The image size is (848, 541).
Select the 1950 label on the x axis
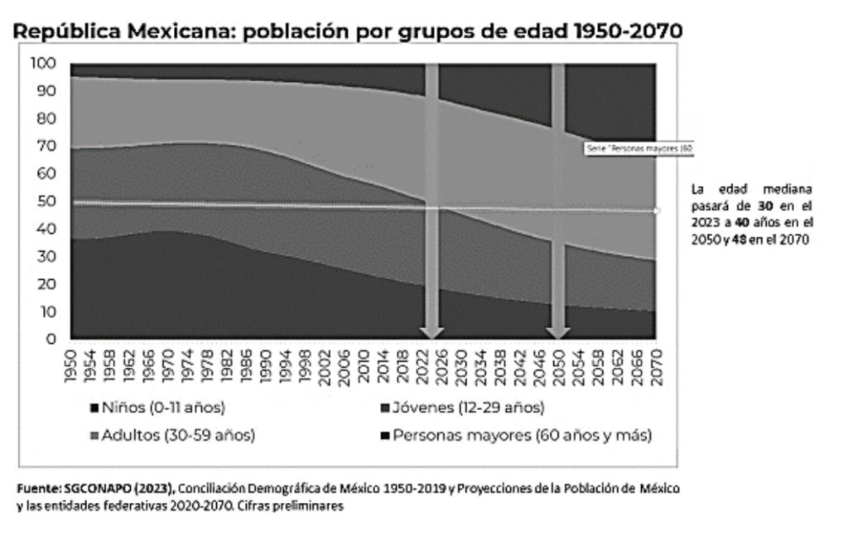[72, 365]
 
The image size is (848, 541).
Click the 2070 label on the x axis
[656, 365]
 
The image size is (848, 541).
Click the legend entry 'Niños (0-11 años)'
[157, 407]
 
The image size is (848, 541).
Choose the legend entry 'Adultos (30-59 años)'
[171, 435]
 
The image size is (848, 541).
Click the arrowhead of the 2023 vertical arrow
[431, 331]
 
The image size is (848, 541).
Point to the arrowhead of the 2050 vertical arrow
[558, 331]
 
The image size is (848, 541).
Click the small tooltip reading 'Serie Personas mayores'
[638, 148]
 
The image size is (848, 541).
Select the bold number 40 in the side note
[744, 222]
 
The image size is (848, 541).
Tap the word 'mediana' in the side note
[786, 188]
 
